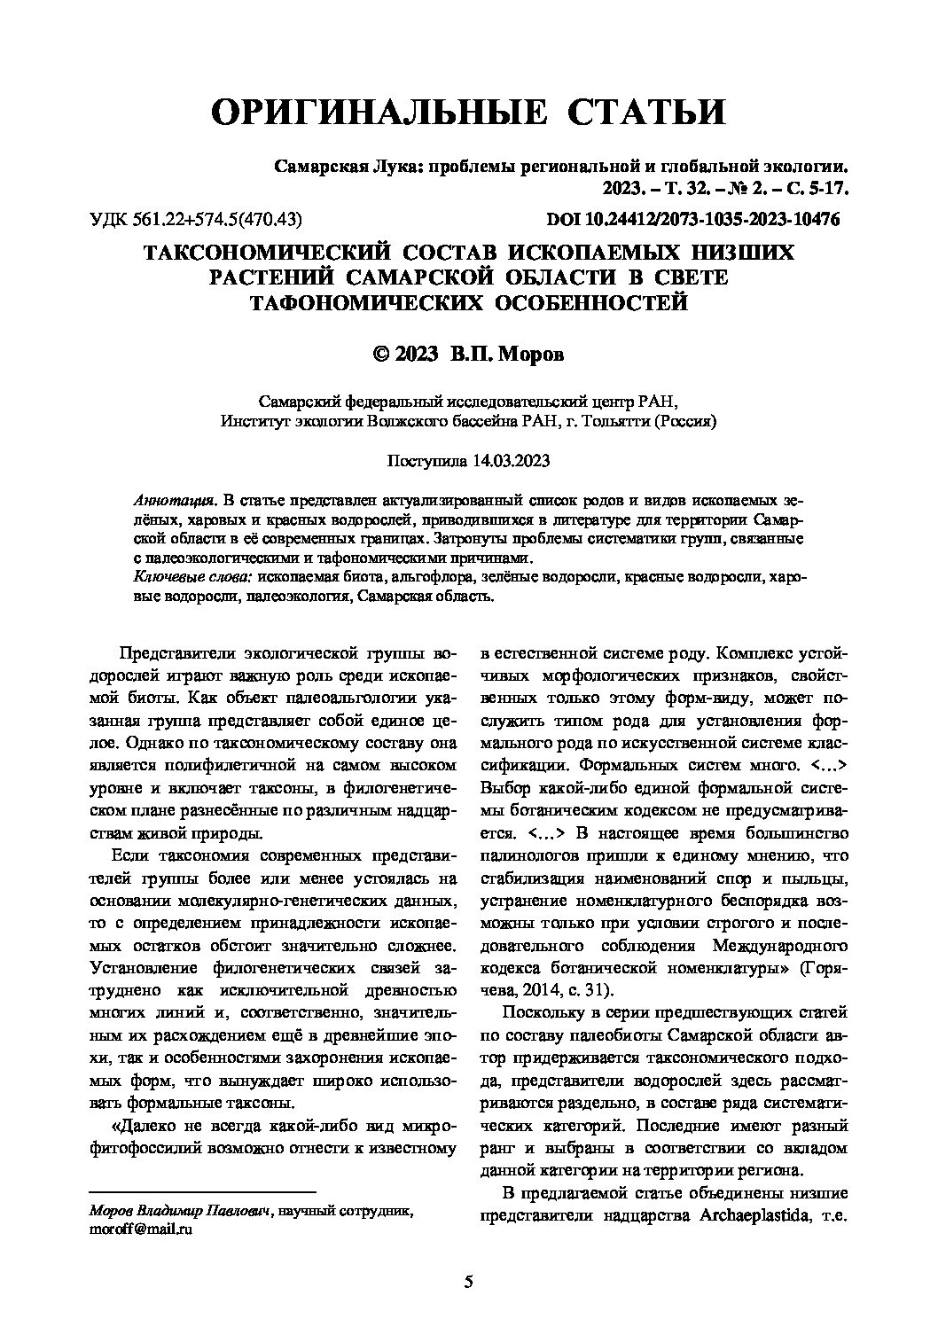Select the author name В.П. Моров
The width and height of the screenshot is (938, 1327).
click(506, 354)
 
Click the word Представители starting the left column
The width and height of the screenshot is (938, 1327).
click(171, 655)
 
